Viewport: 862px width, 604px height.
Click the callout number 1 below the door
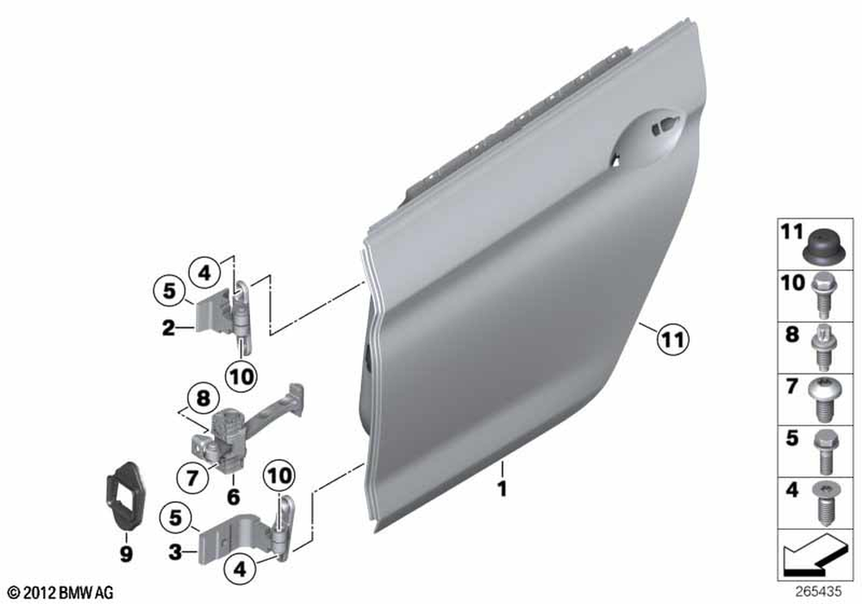(502, 488)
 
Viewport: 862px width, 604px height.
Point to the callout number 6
(234, 497)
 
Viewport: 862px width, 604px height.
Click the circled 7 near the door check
(191, 477)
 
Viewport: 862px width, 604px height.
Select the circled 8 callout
(203, 399)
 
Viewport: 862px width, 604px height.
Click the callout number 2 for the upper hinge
(168, 329)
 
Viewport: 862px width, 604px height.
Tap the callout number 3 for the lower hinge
(175, 551)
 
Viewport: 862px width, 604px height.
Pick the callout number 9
(126, 554)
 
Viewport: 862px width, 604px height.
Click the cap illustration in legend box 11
(822, 248)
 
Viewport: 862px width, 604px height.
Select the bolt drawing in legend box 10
(822, 296)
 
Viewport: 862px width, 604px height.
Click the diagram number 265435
(818, 592)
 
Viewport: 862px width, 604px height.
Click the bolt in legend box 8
(822, 348)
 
